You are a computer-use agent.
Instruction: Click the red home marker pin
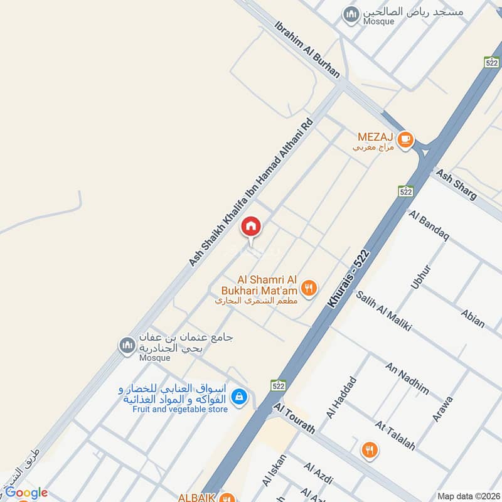(251, 227)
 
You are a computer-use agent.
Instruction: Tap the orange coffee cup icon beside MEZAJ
(405, 139)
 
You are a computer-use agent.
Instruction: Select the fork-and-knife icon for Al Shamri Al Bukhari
(309, 288)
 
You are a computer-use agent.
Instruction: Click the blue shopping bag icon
(238, 397)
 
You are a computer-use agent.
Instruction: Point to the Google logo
(26, 493)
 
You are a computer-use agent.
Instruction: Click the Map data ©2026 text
(468, 496)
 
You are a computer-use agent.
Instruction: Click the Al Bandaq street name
(429, 227)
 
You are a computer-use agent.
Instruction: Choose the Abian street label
(473, 318)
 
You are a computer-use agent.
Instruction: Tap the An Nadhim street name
(407, 378)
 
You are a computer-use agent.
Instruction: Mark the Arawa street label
(442, 408)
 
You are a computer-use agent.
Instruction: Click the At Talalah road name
(395, 435)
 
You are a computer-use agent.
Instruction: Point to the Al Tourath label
(294, 418)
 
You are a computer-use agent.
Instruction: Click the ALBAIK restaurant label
(197, 497)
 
